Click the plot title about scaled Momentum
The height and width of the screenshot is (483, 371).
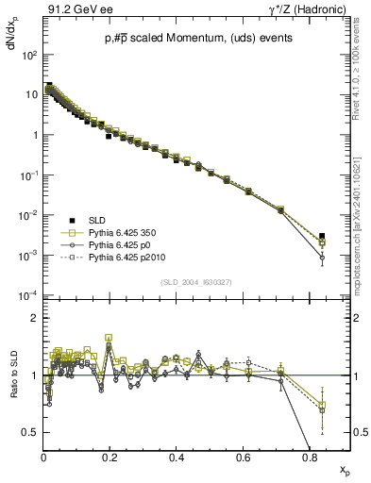(186, 38)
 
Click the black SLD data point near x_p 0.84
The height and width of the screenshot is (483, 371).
(322, 236)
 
